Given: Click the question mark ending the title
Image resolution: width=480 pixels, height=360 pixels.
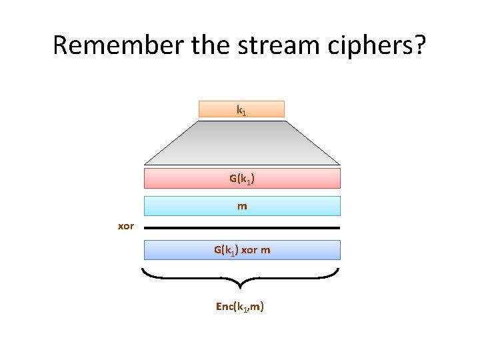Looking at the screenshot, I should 418,45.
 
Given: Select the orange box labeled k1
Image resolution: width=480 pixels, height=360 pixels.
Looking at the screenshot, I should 241,109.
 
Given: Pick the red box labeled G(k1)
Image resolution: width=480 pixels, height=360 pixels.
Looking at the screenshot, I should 241,179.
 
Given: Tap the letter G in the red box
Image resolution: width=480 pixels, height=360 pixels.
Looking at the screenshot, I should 233,178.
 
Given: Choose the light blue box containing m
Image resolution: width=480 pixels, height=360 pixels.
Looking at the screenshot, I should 241,206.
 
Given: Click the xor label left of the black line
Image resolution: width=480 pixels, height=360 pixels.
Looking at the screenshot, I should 126,227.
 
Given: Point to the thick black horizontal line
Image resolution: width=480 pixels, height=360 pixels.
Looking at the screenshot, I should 241,228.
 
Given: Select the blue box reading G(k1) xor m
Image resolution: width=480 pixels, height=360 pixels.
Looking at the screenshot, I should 241,250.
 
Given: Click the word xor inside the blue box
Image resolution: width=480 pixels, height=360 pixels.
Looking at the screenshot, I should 249,250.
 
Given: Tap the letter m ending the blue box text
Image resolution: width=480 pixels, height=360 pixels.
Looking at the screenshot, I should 265,250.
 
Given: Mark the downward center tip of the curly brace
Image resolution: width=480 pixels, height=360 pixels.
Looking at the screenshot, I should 241,289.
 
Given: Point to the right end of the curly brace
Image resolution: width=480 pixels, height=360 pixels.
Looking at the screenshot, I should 338,270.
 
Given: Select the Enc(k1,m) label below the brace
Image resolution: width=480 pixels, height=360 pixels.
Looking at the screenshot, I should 240,307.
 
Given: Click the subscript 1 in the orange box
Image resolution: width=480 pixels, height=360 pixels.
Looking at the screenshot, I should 245,112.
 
